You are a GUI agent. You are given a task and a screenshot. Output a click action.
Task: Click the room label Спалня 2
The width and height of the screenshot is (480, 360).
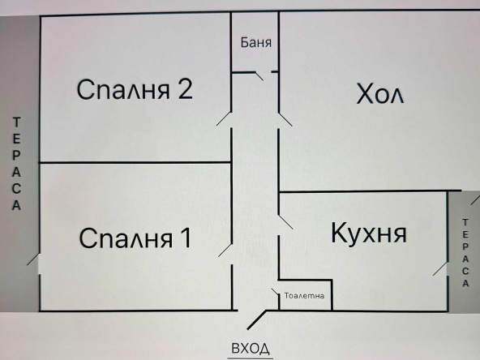pyautogui.click(x=135, y=89)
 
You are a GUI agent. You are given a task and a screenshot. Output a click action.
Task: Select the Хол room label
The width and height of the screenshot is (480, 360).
pyautogui.click(x=380, y=94)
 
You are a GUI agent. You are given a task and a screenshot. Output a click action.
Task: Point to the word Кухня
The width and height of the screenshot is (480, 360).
pyautogui.click(x=368, y=234)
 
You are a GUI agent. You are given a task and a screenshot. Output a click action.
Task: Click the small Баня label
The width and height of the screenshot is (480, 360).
pyautogui.click(x=255, y=43)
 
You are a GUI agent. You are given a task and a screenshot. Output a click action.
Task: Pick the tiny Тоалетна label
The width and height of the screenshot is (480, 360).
pyautogui.click(x=304, y=296)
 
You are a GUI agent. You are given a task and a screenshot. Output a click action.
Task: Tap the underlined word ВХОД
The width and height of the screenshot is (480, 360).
pyautogui.click(x=251, y=349)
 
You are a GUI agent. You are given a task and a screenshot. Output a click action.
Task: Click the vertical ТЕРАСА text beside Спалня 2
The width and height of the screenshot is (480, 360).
pyautogui.click(x=17, y=163)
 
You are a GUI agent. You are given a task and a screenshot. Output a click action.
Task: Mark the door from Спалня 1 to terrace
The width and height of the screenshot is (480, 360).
pyautogui.click(x=32, y=261)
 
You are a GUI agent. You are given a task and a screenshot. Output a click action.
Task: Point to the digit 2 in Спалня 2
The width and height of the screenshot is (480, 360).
pyautogui.click(x=184, y=89)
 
